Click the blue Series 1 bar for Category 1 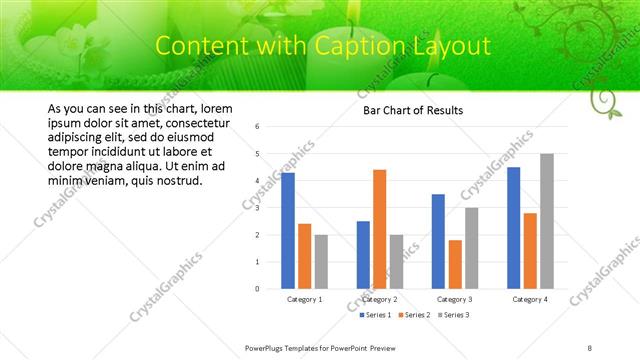click(x=288, y=230)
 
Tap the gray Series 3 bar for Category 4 click(x=546, y=221)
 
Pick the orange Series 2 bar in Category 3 click(x=455, y=264)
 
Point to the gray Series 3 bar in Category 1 click(x=321, y=262)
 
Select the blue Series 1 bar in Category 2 click(x=363, y=255)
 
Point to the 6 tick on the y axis click(x=258, y=127)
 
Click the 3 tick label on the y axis click(x=258, y=208)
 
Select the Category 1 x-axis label click(x=305, y=299)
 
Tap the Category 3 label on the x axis click(x=455, y=299)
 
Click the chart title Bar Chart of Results click(x=413, y=110)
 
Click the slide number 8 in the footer click(x=590, y=347)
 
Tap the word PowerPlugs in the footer click(x=265, y=347)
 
